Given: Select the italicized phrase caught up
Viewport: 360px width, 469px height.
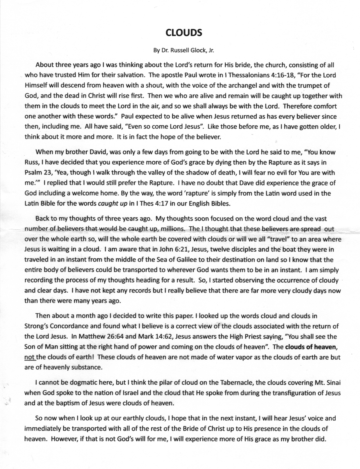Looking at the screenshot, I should (113, 203).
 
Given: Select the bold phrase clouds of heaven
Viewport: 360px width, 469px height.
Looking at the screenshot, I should (311, 347).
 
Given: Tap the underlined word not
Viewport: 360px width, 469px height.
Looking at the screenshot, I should (30, 357).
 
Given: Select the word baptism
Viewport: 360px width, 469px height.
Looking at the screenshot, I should (69, 403).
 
